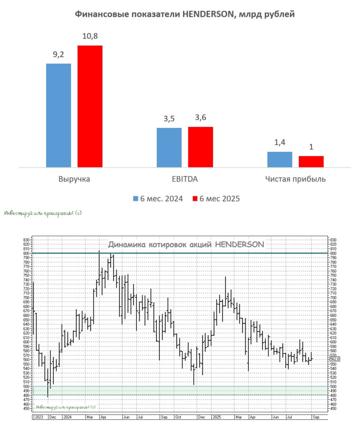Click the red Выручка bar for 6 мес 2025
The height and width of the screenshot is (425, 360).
pyautogui.click(x=90, y=106)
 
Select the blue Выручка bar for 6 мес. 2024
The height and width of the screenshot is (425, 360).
pyautogui.click(x=58, y=115)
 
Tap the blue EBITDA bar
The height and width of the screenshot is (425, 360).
pyautogui.click(x=169, y=147)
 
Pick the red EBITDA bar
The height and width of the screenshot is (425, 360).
pyautogui.click(x=200, y=147)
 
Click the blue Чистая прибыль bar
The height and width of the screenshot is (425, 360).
pyautogui.click(x=280, y=159)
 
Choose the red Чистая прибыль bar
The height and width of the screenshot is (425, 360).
pyautogui.click(x=311, y=161)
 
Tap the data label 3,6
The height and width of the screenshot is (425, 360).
pyautogui.click(x=200, y=118)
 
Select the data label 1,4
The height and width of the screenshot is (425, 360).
pyautogui.click(x=280, y=143)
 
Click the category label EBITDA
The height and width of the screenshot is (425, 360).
pyautogui.click(x=185, y=179)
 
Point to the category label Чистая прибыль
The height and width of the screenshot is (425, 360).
pyautogui.click(x=295, y=179)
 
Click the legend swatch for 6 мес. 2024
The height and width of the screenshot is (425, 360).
pyautogui.click(x=136, y=198)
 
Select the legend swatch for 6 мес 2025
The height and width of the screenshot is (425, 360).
pyautogui.click(x=195, y=198)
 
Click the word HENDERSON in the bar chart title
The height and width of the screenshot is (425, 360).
pyautogui.click(x=214, y=15)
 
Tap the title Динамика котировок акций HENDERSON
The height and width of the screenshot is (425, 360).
pyautogui.click(x=186, y=244)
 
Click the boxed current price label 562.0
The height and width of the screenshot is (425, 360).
pyautogui.click(x=335, y=359)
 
